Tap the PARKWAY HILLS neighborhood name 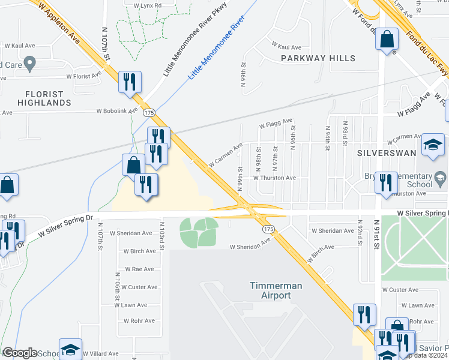(x=318, y=58)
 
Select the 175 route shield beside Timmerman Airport (x=268, y=229)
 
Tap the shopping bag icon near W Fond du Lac (x=387, y=40)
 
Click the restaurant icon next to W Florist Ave (x=130, y=82)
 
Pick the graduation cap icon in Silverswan (x=433, y=145)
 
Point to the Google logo (x=20, y=353)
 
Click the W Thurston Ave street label (x=274, y=178)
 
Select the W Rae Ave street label (x=139, y=269)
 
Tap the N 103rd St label (x=162, y=233)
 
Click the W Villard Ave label (x=100, y=354)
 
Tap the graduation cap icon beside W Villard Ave (x=70, y=350)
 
